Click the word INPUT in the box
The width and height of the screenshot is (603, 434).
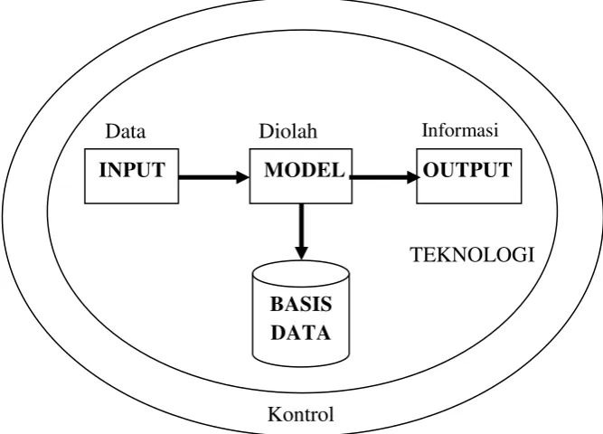[132, 170]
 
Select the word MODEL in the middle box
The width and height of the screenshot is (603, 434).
[304, 170]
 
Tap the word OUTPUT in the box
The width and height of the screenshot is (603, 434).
[467, 170]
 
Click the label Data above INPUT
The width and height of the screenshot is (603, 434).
[126, 131]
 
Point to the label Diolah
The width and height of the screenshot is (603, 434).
[288, 131]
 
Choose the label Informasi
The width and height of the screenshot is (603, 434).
[460, 130]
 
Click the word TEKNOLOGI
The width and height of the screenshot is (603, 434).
[473, 255]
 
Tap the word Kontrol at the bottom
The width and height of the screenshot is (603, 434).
[301, 414]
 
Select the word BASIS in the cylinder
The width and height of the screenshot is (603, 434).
[301, 305]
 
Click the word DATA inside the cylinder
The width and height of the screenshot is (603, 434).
[301, 333]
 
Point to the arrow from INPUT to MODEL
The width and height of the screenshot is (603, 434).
[214, 177]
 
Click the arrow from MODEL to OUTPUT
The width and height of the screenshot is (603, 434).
[385, 177]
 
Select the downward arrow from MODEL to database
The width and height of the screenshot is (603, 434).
[301, 231]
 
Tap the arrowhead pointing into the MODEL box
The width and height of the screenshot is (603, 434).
[242, 177]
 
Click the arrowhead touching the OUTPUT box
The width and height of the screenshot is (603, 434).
[413, 177]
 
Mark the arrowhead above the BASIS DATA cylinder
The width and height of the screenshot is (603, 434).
[301, 253]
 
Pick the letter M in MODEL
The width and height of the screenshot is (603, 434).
[273, 170]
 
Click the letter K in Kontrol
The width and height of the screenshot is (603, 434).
[275, 414]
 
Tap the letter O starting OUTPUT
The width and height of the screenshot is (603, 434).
[430, 170]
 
